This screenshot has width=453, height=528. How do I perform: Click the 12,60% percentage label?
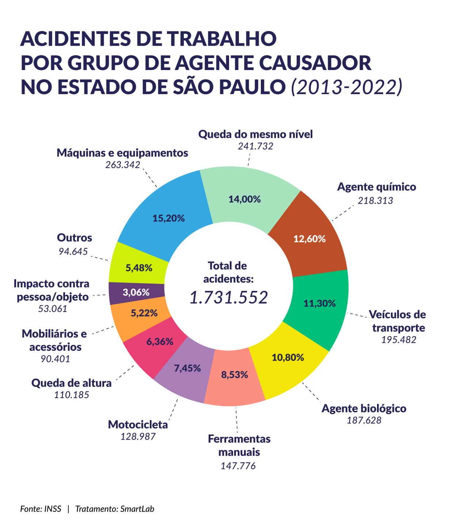coord(309,239)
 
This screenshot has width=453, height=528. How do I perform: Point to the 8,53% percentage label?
coord(235,375)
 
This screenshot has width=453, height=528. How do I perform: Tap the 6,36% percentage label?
coord(160,342)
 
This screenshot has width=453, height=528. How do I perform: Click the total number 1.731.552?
coord(229,297)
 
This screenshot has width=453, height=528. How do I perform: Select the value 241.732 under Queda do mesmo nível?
coord(255,146)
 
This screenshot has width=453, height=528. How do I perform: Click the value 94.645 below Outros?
coord(73,251)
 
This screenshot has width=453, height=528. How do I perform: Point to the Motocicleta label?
coord(138,425)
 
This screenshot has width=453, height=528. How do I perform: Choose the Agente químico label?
coord(376,187)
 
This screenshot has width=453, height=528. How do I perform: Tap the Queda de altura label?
coord(71,383)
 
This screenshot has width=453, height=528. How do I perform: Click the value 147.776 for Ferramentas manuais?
coord(238,466)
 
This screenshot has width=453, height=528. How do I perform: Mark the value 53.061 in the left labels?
coord(53,309)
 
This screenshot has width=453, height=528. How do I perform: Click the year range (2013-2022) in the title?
coord(346,87)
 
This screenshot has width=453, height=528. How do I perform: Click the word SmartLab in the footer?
coord(137,509)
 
